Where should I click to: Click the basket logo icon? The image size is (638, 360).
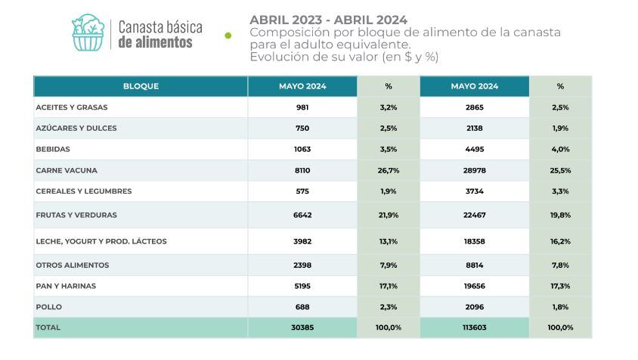coord(88,33)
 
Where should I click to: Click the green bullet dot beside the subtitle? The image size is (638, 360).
coord(228,35)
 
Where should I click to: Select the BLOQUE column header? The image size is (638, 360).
coord(141,86)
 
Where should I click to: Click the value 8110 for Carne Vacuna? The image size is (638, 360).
coord(302,171)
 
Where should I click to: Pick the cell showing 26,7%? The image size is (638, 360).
coord(388,171)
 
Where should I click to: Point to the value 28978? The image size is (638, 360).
coord(475,171)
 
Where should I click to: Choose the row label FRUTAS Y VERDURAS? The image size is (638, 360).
coord(76,215)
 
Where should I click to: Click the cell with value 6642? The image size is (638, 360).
coord(302,215)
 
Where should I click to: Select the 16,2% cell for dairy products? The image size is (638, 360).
coord(560,241)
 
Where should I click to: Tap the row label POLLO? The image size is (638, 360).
coord(49,307)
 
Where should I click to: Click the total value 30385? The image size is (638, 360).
coord(302,327)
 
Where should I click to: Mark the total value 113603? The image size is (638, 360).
coord(475,327)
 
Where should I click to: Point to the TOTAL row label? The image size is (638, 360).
coord(48,327)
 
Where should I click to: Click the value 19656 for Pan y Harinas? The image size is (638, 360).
coord(475,286)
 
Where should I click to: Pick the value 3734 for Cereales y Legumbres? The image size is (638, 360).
coord(475,191)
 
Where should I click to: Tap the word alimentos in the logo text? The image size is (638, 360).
coord(155,42)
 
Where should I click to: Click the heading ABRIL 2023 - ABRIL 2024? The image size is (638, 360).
coord(328,20)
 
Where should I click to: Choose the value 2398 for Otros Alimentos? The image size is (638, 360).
coord(302,265)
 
